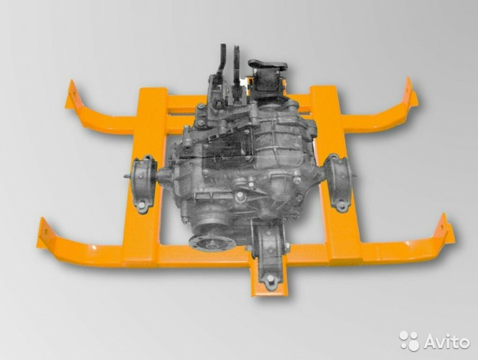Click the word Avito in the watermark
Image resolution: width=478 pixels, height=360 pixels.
447,340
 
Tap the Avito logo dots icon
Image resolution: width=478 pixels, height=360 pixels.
410,340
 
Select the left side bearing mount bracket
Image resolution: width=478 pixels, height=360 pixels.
143,184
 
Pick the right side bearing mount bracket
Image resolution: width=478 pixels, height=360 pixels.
338,182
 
